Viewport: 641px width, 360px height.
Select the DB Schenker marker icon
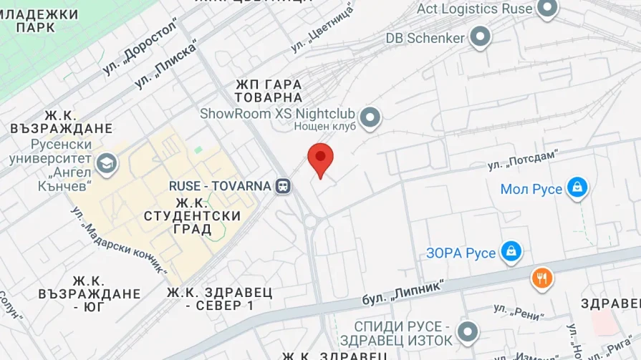(480, 37)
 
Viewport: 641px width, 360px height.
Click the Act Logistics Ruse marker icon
(548, 9)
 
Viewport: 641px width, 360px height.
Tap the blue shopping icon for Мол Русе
(577, 188)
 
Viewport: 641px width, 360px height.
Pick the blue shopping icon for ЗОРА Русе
(511, 251)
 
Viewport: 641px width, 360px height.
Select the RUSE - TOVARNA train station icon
(284, 186)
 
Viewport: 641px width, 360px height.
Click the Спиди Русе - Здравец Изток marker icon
(468, 332)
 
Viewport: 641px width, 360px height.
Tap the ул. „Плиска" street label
(165, 64)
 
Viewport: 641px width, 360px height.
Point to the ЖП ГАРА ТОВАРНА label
(268, 90)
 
